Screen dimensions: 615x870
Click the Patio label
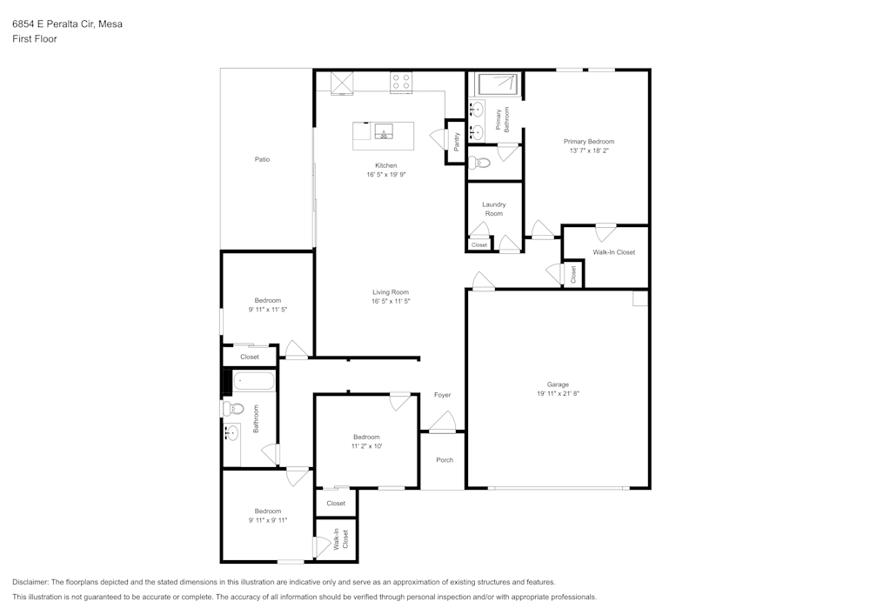click(x=262, y=159)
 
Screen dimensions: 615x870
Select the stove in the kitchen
click(x=401, y=82)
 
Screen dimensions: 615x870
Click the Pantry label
click(x=457, y=142)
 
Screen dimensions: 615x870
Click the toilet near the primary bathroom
click(x=479, y=162)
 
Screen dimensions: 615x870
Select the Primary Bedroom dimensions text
click(x=589, y=150)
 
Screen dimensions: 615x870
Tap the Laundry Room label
click(x=493, y=209)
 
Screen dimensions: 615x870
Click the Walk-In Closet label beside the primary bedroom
click(x=614, y=252)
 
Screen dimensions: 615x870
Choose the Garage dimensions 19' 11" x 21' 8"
click(x=558, y=393)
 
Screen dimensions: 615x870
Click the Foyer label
click(x=443, y=395)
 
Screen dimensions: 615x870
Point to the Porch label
click(x=445, y=460)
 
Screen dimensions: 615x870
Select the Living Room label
click(x=391, y=292)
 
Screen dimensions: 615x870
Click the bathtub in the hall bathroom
click(x=252, y=381)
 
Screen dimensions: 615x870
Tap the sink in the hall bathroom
click(x=232, y=433)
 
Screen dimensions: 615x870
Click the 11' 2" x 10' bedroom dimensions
click(x=366, y=445)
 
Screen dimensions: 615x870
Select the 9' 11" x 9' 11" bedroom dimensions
click(x=267, y=520)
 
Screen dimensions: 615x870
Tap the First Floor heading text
click(x=35, y=39)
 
